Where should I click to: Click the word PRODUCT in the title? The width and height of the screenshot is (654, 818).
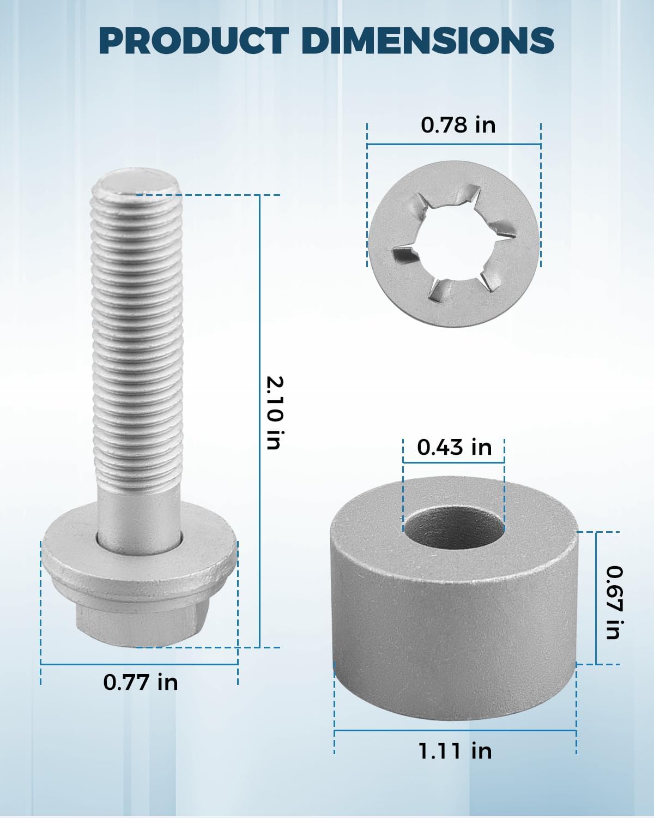click(193, 41)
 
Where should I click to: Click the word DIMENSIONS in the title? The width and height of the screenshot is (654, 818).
click(428, 41)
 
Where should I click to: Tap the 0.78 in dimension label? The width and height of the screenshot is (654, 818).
click(458, 125)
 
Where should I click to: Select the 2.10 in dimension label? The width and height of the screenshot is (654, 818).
click(274, 413)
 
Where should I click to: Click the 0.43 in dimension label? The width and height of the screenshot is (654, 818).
click(454, 447)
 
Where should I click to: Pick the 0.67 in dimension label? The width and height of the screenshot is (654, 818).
click(614, 603)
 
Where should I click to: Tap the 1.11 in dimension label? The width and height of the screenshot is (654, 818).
click(455, 751)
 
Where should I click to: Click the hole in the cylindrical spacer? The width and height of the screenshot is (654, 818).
click(454, 531)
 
